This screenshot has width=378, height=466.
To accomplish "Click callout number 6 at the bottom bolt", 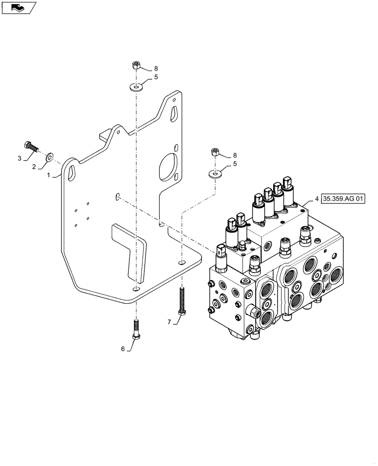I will tap(123, 349).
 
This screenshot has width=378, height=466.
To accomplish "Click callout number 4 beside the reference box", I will tap(317, 199).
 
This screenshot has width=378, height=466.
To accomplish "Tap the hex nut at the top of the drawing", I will tap(136, 65).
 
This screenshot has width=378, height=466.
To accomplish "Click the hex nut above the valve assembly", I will tap(216, 152).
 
